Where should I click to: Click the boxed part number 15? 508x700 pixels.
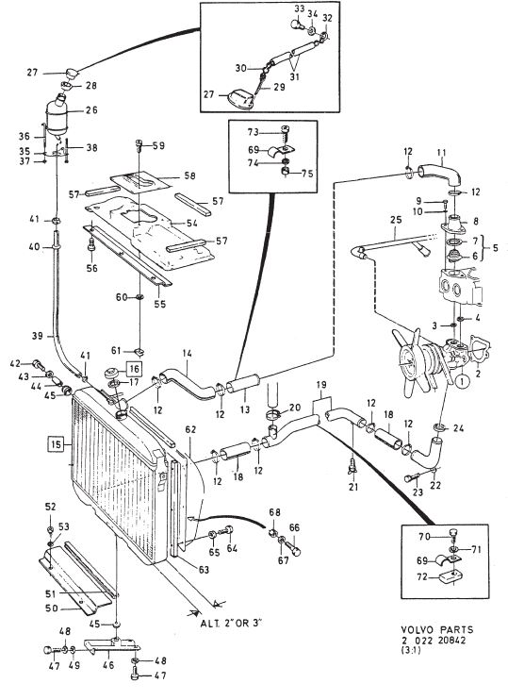(56, 444)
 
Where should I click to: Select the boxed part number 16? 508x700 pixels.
(134, 369)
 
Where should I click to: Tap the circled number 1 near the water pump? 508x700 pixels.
(462, 382)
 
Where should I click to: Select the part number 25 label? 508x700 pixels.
(396, 219)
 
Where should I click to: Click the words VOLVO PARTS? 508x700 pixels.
(436, 629)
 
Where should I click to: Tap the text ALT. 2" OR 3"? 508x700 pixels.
(231, 623)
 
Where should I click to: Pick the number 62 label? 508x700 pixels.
(190, 429)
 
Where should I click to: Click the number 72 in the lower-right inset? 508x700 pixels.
(421, 577)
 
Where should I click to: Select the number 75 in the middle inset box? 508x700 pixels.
(307, 174)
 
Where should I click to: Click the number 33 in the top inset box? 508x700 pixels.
(300, 8)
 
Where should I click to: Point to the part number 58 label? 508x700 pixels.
(189, 175)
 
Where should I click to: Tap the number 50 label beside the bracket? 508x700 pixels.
(52, 608)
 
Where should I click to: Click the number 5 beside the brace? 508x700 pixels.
(495, 247)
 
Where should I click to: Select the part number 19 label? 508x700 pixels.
(321, 384)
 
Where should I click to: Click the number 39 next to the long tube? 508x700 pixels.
(38, 336)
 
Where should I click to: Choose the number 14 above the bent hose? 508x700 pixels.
(187, 354)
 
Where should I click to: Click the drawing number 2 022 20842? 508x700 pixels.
(433, 640)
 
